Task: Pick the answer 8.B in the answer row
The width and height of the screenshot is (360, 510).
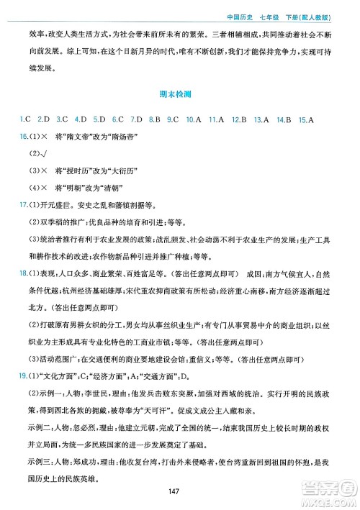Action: (153, 118)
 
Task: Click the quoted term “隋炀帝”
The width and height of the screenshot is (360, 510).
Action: (119, 137)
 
